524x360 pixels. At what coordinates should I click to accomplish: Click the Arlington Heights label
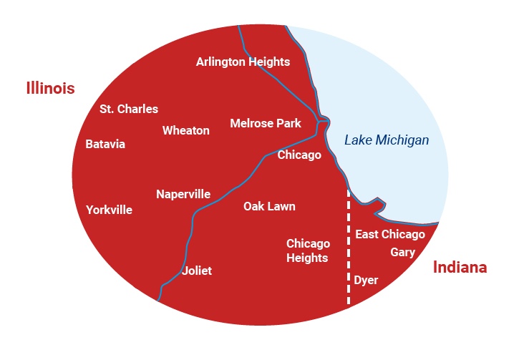coord(243,62)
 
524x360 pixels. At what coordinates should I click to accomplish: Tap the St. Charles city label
coord(129,109)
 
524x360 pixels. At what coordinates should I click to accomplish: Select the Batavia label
coord(105,144)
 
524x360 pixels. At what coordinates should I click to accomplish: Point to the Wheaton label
coord(186,130)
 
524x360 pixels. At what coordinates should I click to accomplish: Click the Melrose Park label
coord(266,123)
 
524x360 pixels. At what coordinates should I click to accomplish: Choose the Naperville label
coord(183,194)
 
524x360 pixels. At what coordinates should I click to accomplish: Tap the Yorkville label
coord(109,210)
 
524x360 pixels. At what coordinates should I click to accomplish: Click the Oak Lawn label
coord(269,206)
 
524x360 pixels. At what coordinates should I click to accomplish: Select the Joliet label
coord(197,271)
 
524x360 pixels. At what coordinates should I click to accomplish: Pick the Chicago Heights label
coord(308,250)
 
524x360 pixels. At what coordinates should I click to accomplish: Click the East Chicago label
coord(390,234)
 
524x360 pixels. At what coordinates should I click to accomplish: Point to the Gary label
coord(403,252)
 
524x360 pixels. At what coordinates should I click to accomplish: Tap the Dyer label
coord(366,280)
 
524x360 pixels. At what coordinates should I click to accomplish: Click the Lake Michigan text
coord(387,140)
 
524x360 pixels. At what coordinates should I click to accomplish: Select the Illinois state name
coord(50,88)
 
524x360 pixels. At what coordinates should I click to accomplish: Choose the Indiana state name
coord(460,268)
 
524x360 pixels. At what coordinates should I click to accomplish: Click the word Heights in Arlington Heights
coord(269,62)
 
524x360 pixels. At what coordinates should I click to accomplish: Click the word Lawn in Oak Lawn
coord(281,206)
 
